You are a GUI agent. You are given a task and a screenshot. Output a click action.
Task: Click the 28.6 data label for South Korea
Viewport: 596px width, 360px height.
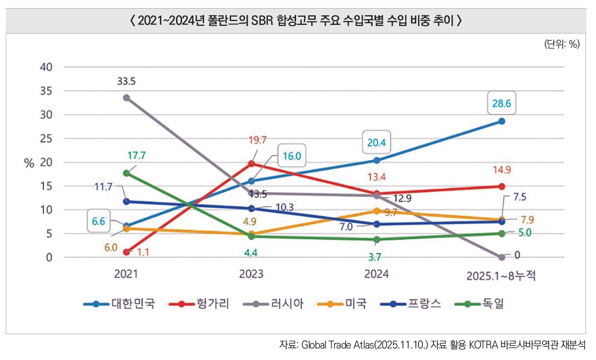click(502, 102)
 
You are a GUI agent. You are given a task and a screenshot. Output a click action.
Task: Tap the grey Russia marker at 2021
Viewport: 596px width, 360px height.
click(126, 98)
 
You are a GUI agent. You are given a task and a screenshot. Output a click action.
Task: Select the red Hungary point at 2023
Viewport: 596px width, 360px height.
click(252, 163)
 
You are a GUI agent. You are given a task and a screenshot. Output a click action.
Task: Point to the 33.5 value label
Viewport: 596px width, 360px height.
click(126, 82)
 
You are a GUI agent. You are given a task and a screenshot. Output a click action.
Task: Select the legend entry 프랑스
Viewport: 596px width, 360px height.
click(423, 304)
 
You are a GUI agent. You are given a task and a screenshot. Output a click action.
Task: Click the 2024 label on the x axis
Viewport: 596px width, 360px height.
click(376, 274)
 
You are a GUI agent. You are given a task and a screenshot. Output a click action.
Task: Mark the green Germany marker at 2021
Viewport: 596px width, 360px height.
click(126, 173)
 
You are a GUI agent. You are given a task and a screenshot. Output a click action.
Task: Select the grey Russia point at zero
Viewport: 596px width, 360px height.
click(502, 257)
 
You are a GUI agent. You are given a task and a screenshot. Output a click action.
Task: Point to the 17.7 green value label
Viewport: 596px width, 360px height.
click(137, 155)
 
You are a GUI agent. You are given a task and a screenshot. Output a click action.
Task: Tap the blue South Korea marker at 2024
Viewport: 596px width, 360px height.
click(377, 160)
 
